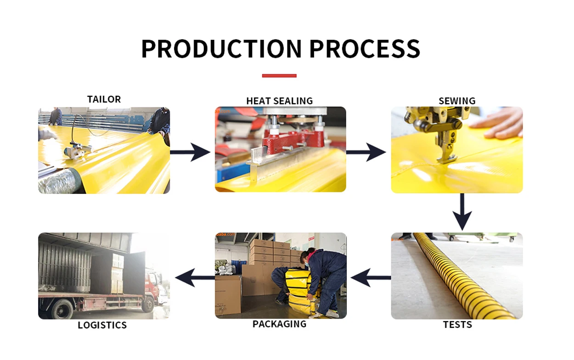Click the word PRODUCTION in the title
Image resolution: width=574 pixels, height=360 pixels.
[x=221, y=49]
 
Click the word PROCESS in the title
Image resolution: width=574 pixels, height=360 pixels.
[x=365, y=49]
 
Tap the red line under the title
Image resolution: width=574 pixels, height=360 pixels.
[x=279, y=76]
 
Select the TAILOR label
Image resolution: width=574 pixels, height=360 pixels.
[x=104, y=99]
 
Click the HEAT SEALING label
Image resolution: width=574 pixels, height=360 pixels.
[x=279, y=101]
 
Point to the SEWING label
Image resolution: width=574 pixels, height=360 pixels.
[x=456, y=101]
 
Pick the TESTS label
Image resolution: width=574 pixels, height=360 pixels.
[x=457, y=325]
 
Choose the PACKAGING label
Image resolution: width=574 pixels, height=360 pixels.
[x=279, y=324]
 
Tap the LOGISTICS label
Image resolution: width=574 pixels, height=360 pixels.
[x=102, y=325]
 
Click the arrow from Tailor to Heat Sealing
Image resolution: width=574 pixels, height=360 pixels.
[x=190, y=152]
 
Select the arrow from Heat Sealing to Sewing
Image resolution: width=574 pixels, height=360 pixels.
[x=366, y=152]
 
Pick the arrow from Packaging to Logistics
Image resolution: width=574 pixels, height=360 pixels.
[x=195, y=278]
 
